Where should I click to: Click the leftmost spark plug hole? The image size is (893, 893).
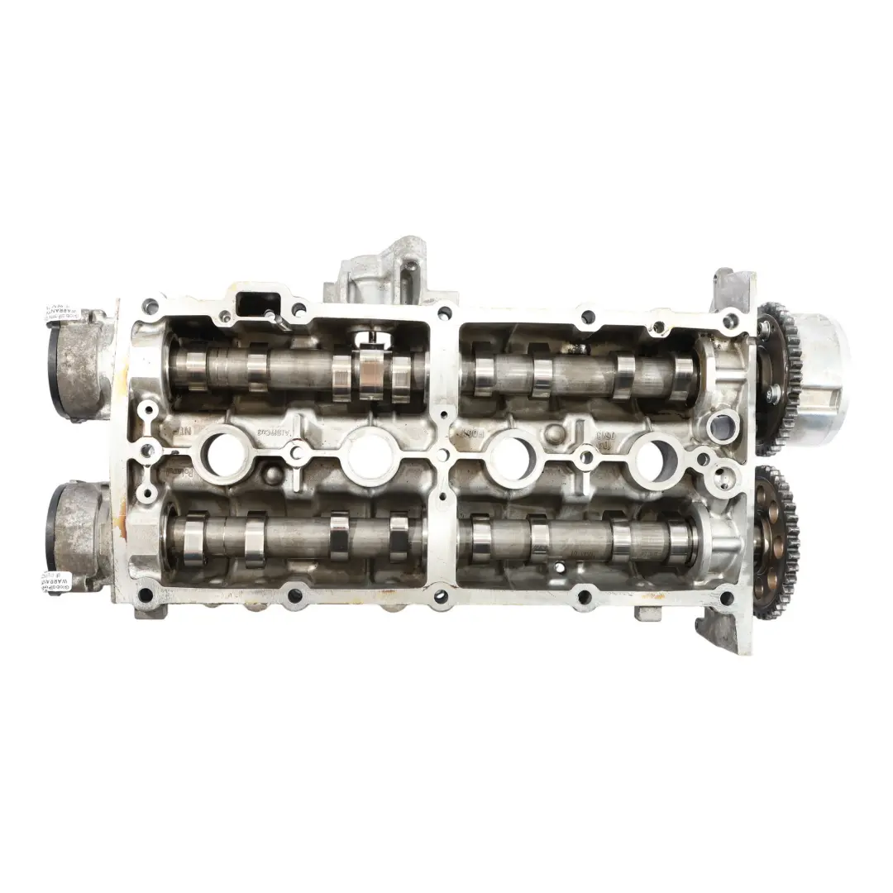coord(225,454)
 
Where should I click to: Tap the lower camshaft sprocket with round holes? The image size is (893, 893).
coord(776,542)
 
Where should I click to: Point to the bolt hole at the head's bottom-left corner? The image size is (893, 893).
coord(146,591)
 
